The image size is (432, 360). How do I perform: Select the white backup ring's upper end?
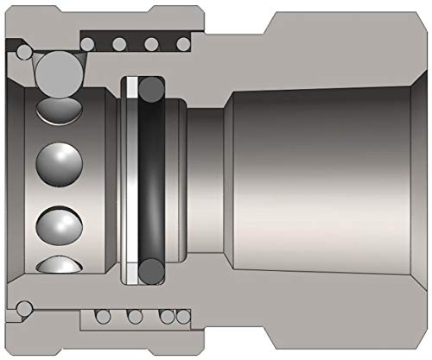click(130, 86)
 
